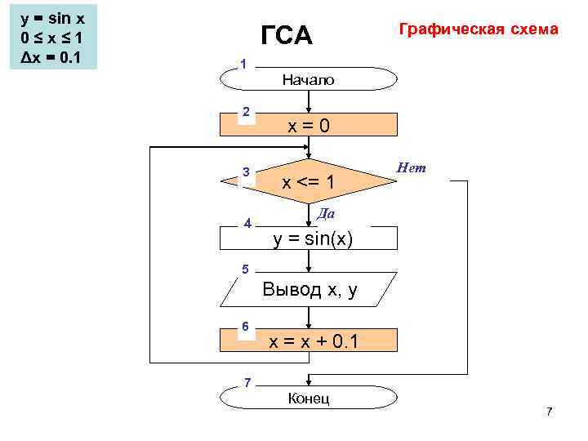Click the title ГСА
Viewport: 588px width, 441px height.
point(286,36)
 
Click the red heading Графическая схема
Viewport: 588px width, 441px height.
point(478,29)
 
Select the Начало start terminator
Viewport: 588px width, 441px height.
point(309,79)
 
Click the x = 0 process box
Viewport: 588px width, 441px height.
point(309,125)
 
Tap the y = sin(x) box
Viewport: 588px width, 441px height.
point(309,238)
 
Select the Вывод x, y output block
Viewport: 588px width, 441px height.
point(309,290)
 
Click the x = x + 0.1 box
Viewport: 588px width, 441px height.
point(309,341)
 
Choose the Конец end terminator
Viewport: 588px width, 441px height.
point(309,397)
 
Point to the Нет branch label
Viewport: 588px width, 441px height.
point(411,168)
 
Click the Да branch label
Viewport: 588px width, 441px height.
point(326,213)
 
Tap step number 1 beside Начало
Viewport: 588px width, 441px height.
point(243,64)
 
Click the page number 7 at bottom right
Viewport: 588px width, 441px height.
point(549,411)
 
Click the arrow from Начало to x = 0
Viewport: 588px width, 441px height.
point(309,101)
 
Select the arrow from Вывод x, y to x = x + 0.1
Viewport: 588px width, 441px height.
point(309,318)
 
